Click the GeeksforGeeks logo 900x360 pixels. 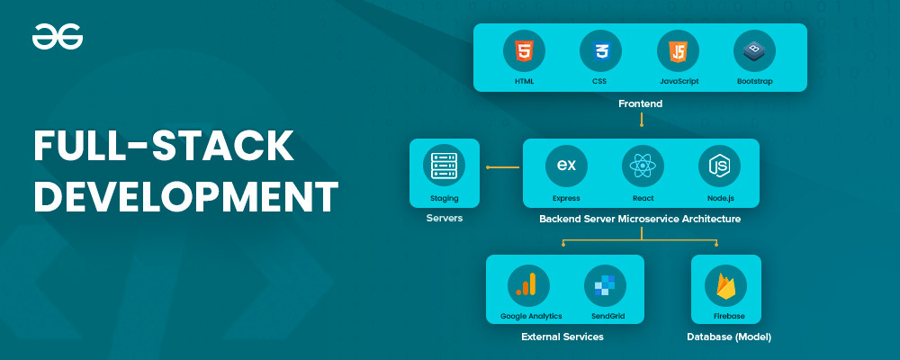(58, 37)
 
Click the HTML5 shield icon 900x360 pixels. (524, 51)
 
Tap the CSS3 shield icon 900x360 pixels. (601, 51)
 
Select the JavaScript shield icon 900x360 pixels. (678, 51)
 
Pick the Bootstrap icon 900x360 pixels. (754, 51)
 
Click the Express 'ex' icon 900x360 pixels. (566, 166)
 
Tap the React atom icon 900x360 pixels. (643, 166)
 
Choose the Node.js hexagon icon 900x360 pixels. (719, 166)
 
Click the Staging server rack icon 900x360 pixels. (445, 166)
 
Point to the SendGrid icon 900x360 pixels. (605, 285)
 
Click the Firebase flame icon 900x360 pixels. (725, 285)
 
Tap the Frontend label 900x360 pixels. (640, 103)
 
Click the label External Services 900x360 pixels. (562, 337)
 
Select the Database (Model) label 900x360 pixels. (729, 337)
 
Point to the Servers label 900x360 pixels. (445, 219)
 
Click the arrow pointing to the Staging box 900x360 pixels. (502, 167)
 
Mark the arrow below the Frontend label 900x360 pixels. (641, 120)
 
